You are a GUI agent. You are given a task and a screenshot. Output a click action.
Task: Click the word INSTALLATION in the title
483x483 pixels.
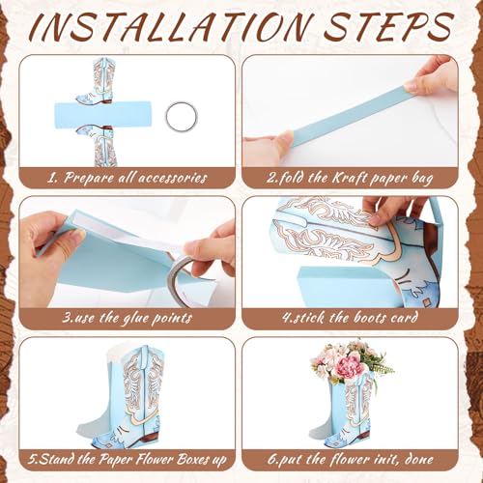coord(172,27)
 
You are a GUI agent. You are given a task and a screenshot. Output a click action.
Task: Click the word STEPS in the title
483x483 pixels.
coord(388,27)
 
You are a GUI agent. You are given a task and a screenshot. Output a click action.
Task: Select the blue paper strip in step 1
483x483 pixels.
coord(102,115)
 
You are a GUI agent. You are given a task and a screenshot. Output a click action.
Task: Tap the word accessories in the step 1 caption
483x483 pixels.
coord(172,178)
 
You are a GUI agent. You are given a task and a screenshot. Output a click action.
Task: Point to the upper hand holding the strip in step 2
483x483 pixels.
coord(432,75)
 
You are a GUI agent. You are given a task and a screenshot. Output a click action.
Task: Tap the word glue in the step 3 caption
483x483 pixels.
coord(135,319)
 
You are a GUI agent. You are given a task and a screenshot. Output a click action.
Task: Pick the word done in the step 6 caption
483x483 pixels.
coord(418,459)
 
